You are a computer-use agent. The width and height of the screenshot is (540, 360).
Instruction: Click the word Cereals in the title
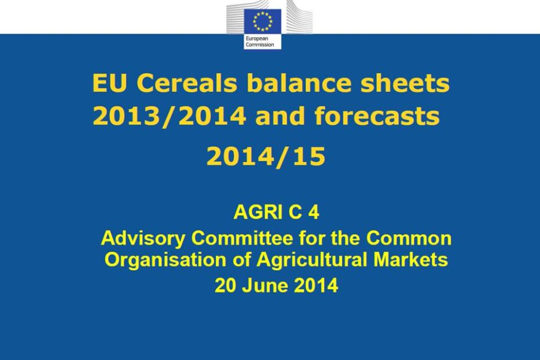pos(188,83)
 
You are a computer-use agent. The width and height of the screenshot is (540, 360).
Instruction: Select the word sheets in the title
pos(405,83)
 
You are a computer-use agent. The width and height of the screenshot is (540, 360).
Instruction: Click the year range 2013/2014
pos(170,116)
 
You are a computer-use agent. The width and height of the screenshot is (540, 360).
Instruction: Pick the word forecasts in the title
pos(377,116)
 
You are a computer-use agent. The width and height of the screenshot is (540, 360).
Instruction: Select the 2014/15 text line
pos(266,156)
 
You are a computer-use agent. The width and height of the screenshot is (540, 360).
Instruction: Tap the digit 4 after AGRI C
pos(314,212)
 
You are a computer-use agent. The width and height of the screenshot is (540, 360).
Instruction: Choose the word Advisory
pos(143,239)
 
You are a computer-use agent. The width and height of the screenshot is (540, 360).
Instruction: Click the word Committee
pos(242,238)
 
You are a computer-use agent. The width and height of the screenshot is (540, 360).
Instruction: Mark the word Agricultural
pos(312,260)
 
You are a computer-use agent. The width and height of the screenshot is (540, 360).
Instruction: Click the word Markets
pos(411,260)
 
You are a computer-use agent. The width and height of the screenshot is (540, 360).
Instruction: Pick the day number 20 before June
pos(225,286)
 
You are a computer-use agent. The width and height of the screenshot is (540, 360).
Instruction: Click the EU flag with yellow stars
pos(262,21)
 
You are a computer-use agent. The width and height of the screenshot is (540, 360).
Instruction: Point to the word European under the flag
pos(257,39)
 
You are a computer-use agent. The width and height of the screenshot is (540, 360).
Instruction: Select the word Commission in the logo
pos(260,45)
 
